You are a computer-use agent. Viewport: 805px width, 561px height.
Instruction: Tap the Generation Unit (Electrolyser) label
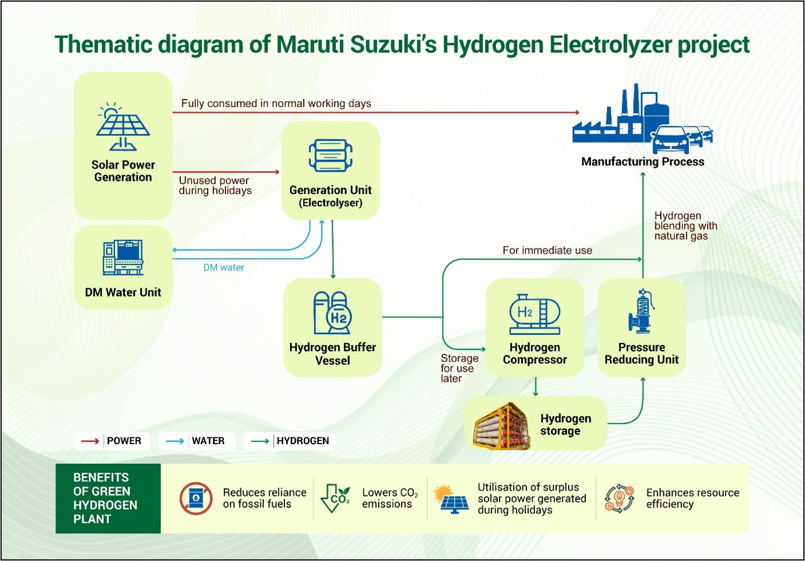click(331, 196)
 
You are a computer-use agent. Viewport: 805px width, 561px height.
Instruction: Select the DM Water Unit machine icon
click(123, 257)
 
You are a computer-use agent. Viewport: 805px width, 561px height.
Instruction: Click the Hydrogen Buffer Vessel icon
click(333, 312)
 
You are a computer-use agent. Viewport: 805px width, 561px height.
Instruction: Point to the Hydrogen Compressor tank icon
click(535, 315)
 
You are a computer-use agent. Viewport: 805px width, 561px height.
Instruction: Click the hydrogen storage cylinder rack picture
click(502, 426)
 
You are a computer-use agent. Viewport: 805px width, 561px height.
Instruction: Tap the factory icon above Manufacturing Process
click(643, 119)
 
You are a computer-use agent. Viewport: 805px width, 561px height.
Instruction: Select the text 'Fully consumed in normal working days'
click(276, 104)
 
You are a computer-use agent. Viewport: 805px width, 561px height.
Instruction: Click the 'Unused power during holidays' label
click(215, 185)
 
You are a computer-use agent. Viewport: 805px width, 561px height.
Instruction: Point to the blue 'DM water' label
click(223, 268)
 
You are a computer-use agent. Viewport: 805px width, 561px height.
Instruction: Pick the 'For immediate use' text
click(547, 250)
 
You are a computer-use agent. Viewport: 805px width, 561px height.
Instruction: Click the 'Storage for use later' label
click(459, 368)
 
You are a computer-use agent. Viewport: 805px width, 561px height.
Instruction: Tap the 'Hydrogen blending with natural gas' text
click(686, 226)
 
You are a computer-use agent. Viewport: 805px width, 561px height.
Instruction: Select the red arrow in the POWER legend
click(90, 441)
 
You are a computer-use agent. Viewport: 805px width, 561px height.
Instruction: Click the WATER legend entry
click(197, 441)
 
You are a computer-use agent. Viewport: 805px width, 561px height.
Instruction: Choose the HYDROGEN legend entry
click(289, 441)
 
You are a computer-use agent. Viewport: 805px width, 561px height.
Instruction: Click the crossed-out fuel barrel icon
click(196, 498)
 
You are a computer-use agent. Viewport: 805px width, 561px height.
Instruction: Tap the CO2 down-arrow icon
click(335, 498)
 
